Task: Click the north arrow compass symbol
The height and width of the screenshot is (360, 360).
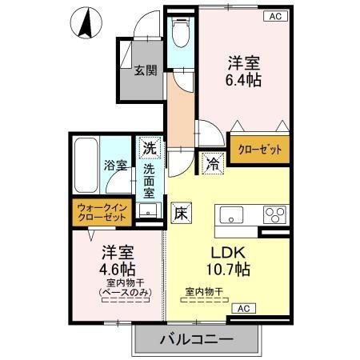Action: click(83, 22)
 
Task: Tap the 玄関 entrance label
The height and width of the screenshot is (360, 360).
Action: click(145, 70)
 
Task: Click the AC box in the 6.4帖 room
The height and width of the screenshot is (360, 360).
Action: click(274, 15)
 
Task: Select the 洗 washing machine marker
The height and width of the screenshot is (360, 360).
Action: click(150, 148)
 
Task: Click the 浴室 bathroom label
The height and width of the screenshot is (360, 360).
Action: click(115, 166)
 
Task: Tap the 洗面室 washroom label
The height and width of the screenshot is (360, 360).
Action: click(150, 181)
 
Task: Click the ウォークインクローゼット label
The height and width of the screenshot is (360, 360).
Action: click(102, 213)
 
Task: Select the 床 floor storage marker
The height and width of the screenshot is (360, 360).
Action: click(181, 213)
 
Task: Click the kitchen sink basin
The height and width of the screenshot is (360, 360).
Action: click(232, 214)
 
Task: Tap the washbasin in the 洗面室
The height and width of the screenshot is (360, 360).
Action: click(147, 210)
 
